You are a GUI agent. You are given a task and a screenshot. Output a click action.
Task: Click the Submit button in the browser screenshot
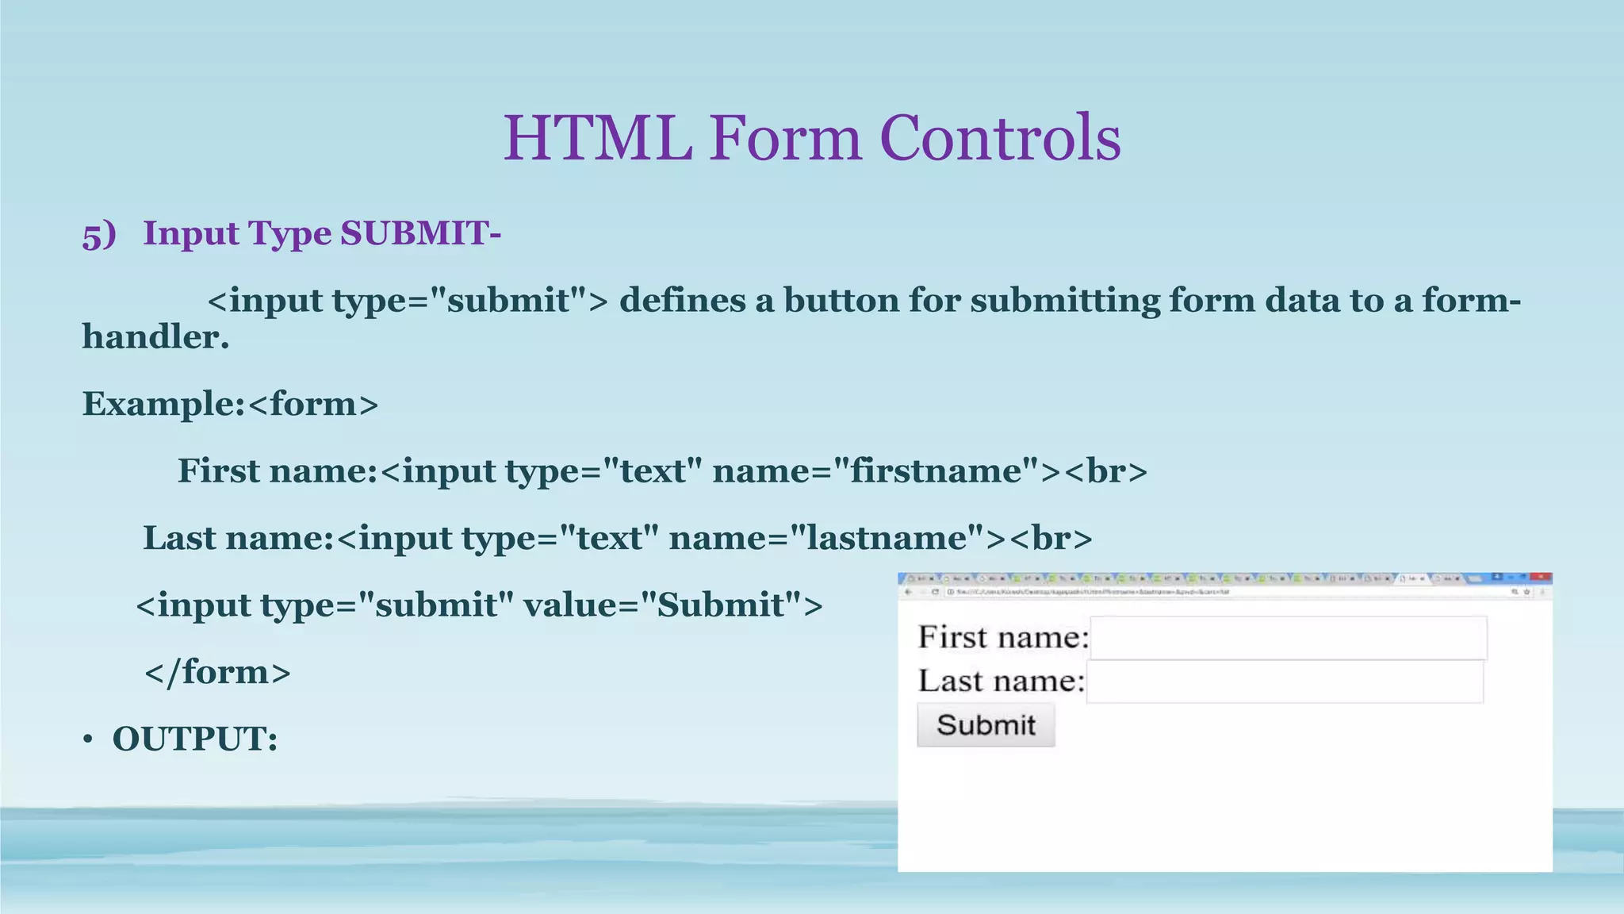(x=986, y=724)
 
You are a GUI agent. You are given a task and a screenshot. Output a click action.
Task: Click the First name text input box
(x=1288, y=638)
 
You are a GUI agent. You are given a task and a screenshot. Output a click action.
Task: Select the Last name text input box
(x=1285, y=682)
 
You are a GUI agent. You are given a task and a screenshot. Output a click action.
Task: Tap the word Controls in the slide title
(x=1000, y=138)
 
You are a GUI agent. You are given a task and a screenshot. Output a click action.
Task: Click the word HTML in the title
(x=598, y=138)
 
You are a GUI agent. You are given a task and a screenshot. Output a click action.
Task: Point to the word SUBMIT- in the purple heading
(x=420, y=233)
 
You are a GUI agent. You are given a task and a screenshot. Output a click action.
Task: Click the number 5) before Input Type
(x=99, y=235)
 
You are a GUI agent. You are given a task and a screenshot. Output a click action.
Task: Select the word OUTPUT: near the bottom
(x=195, y=739)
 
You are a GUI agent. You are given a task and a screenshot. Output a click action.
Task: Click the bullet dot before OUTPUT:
(x=88, y=740)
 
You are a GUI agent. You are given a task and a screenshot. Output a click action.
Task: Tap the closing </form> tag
(x=217, y=672)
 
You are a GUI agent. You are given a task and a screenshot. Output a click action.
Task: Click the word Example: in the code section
(x=163, y=404)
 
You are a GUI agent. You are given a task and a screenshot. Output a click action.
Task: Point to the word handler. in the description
(x=155, y=337)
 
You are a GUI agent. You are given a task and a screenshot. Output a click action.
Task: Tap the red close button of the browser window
(x=1540, y=578)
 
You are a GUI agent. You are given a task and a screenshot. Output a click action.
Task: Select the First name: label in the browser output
(x=1003, y=637)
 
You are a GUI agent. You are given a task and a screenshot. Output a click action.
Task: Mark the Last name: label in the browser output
(x=1001, y=681)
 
